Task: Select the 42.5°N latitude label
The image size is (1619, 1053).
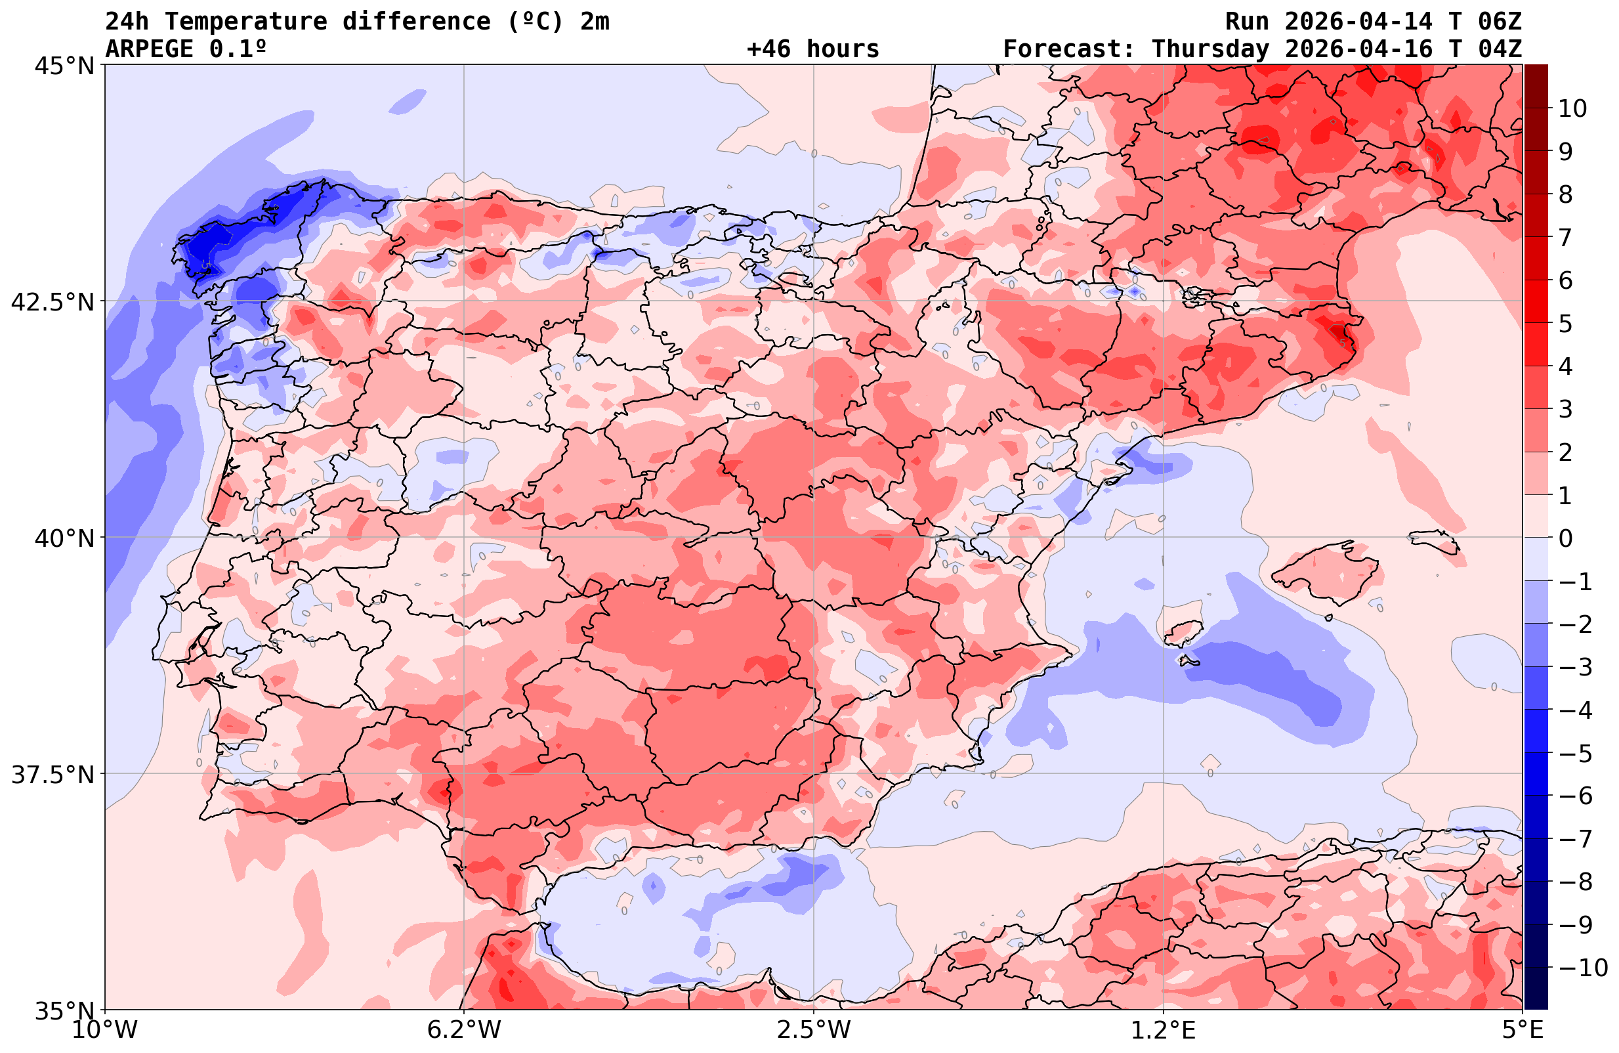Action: (53, 301)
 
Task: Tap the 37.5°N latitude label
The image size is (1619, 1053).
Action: (53, 775)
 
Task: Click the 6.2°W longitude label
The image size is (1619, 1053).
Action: (464, 1030)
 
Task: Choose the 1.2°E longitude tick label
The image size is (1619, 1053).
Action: (1164, 1030)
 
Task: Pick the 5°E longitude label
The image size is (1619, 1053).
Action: (1523, 1030)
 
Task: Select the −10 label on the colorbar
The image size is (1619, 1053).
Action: (1582, 967)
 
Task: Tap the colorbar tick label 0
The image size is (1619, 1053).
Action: (1565, 538)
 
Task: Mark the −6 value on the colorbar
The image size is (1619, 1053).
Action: (1574, 796)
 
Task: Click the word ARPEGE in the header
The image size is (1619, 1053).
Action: (149, 49)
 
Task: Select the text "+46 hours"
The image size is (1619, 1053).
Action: (813, 49)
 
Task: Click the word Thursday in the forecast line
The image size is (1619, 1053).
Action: (1210, 49)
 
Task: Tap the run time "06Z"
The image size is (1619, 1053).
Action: (1500, 22)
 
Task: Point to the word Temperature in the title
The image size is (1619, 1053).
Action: (245, 22)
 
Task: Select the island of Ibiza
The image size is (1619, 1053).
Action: (1184, 630)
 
